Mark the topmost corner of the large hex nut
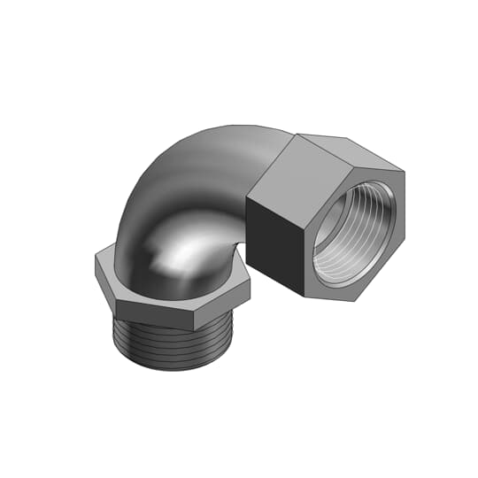coord(298,134)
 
